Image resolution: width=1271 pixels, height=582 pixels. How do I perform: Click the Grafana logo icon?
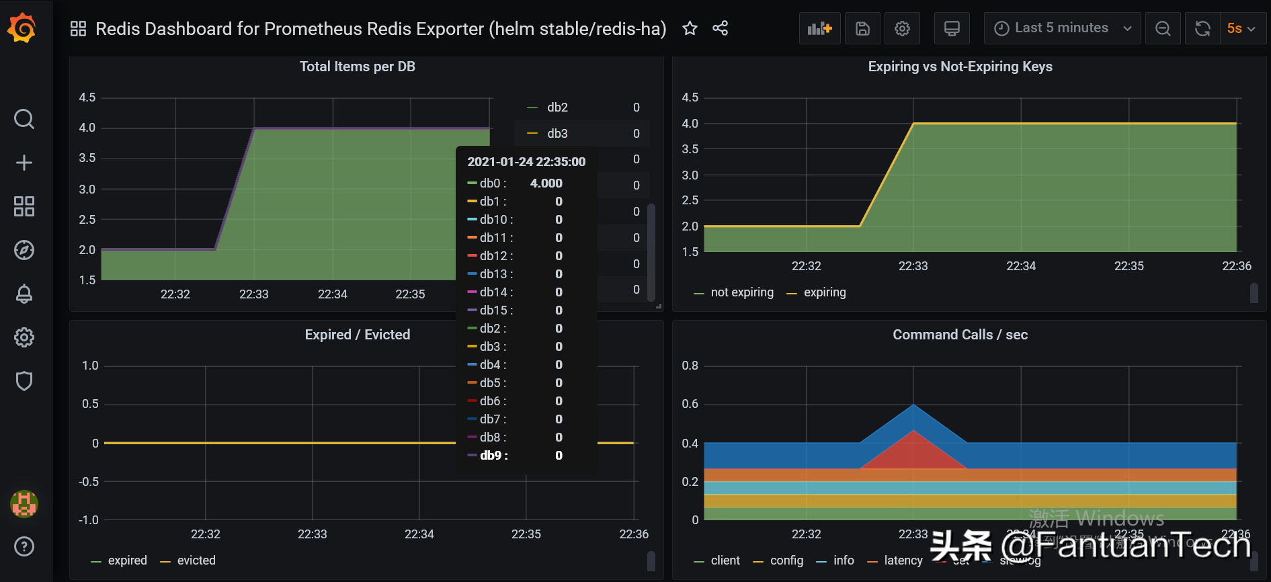point(22,28)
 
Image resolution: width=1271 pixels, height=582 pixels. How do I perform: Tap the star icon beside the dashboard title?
point(690,28)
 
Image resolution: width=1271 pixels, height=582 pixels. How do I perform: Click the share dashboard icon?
point(720,28)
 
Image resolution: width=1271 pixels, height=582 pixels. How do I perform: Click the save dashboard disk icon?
point(862,28)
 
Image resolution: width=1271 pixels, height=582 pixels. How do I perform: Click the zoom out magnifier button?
point(1163,28)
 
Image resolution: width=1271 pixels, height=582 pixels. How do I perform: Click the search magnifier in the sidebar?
point(24,119)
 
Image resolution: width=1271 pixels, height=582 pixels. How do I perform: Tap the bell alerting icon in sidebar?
point(24,294)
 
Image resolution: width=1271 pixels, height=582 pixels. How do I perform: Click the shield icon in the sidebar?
point(24,381)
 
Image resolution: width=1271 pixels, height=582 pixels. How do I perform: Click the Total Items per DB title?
point(357,67)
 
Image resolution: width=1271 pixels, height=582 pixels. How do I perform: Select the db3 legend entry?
point(557,134)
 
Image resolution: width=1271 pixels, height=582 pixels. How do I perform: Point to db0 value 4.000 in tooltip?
point(546,183)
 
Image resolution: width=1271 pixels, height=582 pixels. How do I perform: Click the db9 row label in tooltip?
point(493,456)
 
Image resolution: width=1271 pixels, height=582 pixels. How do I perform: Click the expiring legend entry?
point(824,292)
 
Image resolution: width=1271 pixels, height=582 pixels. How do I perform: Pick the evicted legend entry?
point(196,560)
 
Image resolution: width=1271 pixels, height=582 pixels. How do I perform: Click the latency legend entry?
point(903,560)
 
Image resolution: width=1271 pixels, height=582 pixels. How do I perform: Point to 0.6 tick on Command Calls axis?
point(690,404)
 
